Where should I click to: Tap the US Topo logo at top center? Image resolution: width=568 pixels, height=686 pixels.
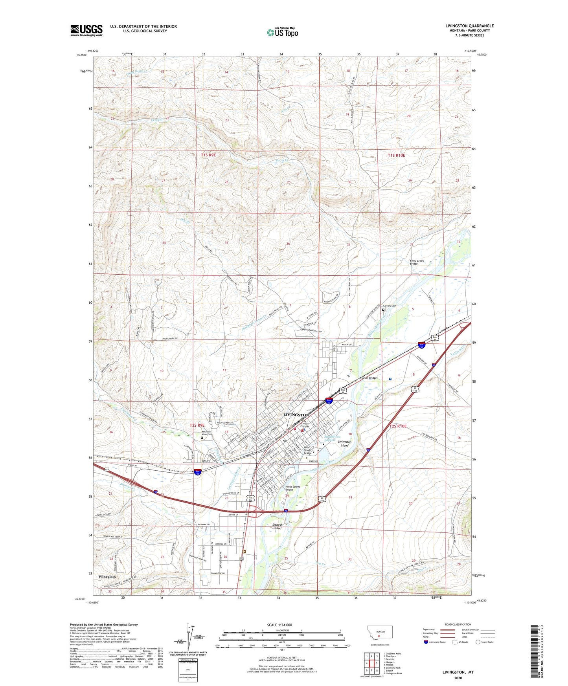pos(282,32)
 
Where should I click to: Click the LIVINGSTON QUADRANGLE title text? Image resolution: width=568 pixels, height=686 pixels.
pos(469,26)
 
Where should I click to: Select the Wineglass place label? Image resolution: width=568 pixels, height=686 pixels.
pos(107,577)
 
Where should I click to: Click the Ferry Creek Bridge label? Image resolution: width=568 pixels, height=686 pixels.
pos(417,262)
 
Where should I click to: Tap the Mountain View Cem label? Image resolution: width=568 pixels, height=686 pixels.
pos(204,433)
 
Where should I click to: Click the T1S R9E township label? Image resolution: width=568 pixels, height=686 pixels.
pos(208,155)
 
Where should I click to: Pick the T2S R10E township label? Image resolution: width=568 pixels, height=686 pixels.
pos(398,426)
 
